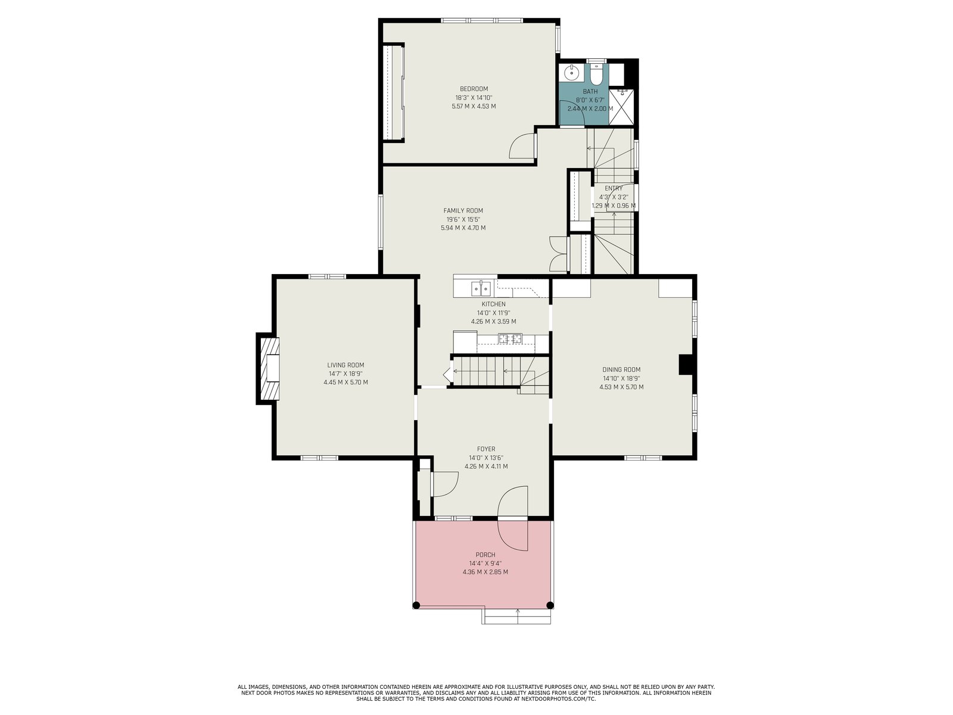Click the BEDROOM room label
click(474, 89)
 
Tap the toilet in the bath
click(596, 74)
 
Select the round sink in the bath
click(571, 73)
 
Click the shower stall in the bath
click(621, 107)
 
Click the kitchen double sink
click(481, 287)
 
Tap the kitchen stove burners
click(510, 338)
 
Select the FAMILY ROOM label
click(463, 211)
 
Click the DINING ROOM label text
click(621, 370)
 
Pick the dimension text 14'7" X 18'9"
click(345, 374)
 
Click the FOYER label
click(486, 449)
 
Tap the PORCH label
click(485, 555)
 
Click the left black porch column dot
click(416, 605)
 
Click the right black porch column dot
click(550, 605)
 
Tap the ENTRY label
click(613, 188)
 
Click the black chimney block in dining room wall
click(686, 364)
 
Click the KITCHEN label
click(493, 304)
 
